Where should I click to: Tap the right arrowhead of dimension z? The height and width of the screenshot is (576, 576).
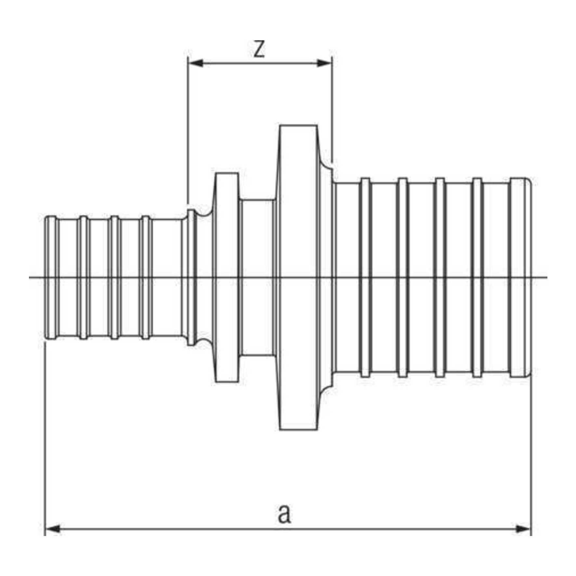click(324, 63)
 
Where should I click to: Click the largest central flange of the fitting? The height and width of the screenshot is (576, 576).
click(298, 278)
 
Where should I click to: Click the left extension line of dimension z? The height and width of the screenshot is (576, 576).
click(188, 130)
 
